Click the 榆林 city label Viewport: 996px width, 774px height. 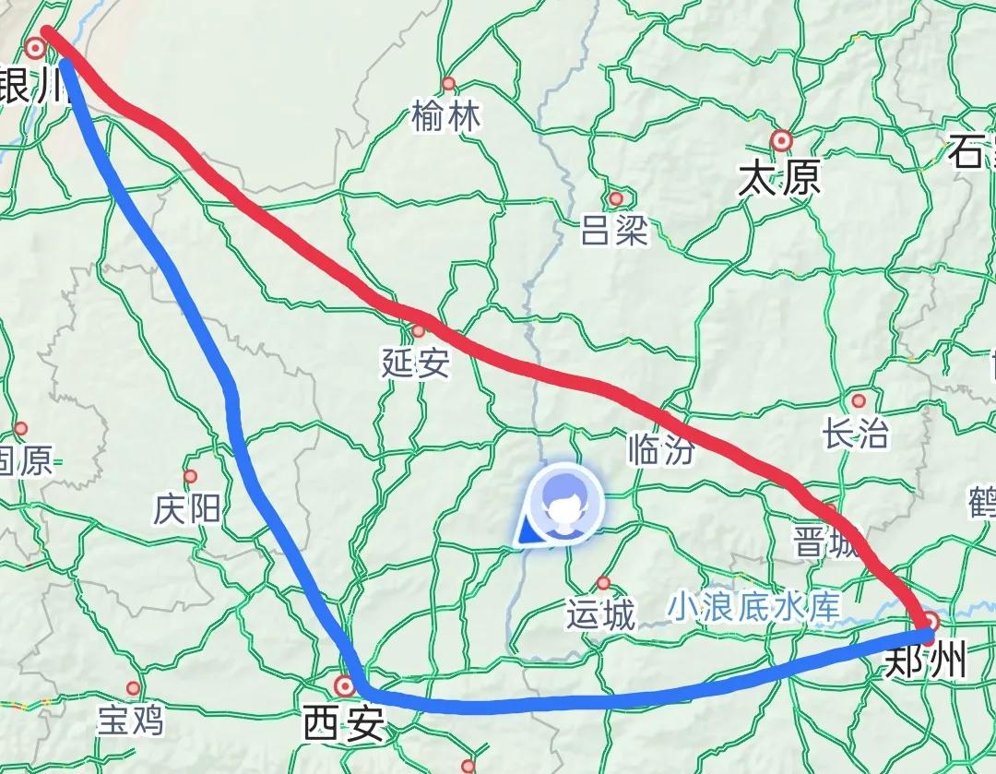[446, 117]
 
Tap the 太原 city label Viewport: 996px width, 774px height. [779, 178]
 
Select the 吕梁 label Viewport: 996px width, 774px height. [614, 232]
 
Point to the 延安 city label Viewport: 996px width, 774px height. [416, 363]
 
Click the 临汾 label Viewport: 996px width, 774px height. [660, 449]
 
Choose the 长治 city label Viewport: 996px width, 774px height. [856, 435]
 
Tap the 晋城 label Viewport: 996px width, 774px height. [826, 542]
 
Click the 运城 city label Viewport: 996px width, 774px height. [601, 614]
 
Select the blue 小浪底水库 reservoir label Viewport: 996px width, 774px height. [755, 606]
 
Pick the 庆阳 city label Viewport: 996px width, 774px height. [188, 508]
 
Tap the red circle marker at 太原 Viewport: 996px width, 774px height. [782, 140]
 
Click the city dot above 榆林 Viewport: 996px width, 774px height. [449, 84]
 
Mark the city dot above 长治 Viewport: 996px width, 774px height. [859, 401]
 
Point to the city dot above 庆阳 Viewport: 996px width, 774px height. [190, 477]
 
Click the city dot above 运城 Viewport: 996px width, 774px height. [603, 583]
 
